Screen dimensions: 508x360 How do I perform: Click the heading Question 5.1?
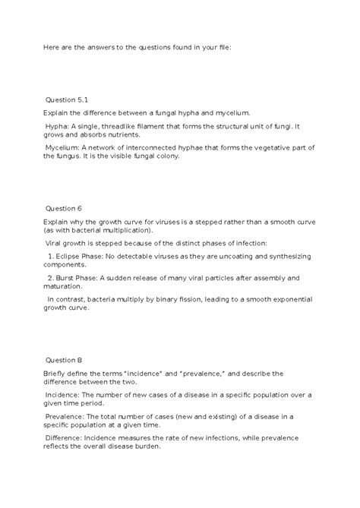point(68,99)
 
